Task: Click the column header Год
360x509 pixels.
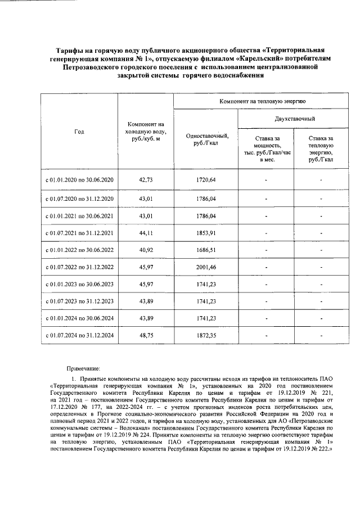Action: coord(79,132)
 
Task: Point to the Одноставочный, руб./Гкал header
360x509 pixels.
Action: coord(206,139)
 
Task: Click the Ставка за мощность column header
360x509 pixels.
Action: coord(267,148)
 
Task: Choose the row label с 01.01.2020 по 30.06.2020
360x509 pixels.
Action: coord(79,180)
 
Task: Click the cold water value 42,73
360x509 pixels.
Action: coord(145,180)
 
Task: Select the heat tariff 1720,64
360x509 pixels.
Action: coord(205,180)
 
